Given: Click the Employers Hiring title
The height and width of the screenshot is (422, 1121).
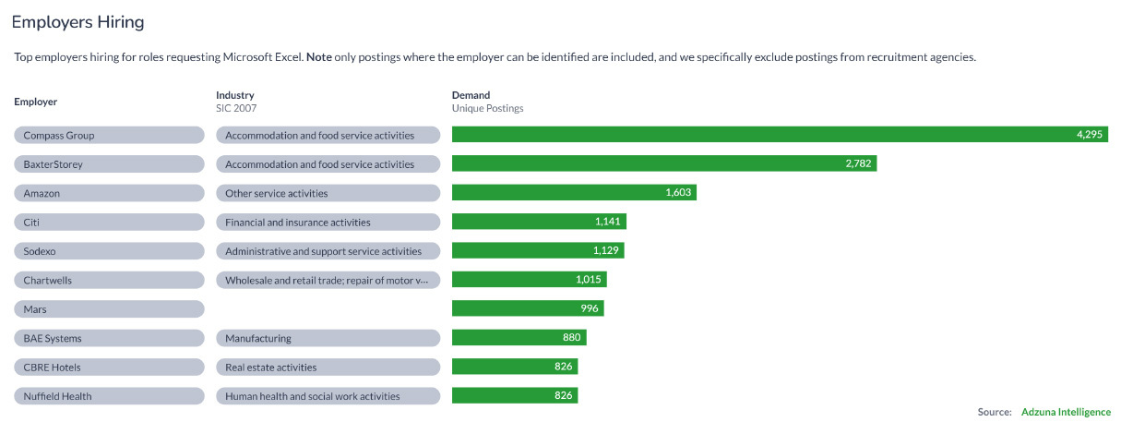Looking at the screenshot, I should coord(78,21).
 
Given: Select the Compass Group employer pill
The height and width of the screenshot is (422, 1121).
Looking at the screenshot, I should coord(109,135).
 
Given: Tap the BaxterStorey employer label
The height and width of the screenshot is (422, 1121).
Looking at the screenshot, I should coord(109,164).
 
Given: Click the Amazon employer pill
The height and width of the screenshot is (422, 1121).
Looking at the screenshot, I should coord(109,193).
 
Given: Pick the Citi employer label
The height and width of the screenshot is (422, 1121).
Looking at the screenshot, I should coord(109,223).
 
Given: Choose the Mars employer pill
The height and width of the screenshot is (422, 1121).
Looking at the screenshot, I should coord(109,309).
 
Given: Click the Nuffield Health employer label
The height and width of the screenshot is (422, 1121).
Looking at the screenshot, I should coord(109,396).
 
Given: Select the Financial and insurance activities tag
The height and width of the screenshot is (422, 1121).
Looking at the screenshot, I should coord(328,223).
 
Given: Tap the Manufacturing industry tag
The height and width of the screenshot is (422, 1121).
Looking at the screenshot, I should coord(328,338).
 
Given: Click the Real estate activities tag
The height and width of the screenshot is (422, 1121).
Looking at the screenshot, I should coord(328,368).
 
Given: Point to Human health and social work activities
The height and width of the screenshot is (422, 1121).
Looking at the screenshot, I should coord(328,396).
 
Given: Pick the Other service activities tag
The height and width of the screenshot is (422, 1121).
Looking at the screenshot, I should coord(328,193).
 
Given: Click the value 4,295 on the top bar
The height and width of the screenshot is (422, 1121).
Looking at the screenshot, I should coord(1089,135).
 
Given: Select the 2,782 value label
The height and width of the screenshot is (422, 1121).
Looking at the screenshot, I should coord(858,164).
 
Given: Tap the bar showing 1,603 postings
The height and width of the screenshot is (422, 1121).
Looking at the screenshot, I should coord(573,193).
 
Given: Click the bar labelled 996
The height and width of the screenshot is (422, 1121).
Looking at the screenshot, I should coord(527,309).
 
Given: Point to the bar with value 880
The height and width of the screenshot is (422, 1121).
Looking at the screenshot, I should coord(519,338).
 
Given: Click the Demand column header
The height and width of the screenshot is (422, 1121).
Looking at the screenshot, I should coord(471,95).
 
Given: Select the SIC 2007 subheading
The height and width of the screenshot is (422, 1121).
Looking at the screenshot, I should coord(236,108).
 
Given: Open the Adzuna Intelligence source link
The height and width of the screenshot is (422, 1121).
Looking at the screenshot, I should coord(1066,412).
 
